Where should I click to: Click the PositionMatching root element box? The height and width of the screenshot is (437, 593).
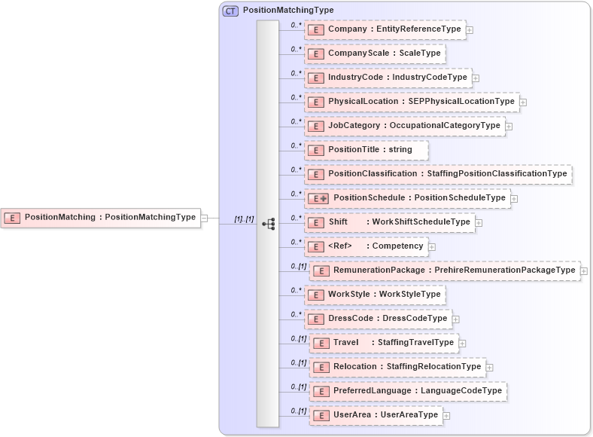point(101,218)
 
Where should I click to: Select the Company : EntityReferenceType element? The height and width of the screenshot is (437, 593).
point(385,29)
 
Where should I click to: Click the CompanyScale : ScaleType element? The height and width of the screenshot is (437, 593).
point(375,53)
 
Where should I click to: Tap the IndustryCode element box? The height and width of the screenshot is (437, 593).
point(388,78)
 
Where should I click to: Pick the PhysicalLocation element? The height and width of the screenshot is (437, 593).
point(411,102)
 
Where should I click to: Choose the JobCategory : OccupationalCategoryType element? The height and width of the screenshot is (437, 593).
point(404,126)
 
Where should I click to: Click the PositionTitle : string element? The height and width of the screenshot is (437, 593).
point(366,150)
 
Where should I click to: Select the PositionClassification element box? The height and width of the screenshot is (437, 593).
point(438,174)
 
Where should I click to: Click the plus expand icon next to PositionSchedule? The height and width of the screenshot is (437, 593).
point(515,199)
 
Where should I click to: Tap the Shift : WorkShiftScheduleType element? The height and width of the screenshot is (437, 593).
point(390,222)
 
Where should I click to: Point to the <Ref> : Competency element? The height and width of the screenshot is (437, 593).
point(366,246)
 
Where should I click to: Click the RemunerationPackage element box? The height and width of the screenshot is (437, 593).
point(445,270)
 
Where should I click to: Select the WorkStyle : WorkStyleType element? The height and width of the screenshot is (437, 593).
point(375,294)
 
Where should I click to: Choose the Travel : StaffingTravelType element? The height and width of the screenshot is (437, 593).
point(385,343)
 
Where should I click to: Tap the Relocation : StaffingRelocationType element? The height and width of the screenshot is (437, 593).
point(397,367)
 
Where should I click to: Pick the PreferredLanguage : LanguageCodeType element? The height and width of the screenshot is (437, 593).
point(408,391)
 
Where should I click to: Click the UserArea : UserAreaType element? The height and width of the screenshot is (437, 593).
point(376,415)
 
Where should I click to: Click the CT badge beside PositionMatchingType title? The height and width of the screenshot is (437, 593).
point(230,11)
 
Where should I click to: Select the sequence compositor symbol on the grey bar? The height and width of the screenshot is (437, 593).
point(268,224)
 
